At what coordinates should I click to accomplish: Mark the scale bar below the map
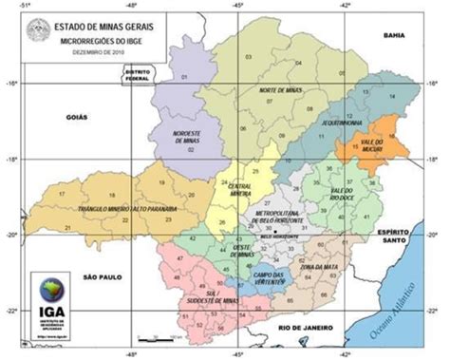pyautogui.click(x=158, y=336)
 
